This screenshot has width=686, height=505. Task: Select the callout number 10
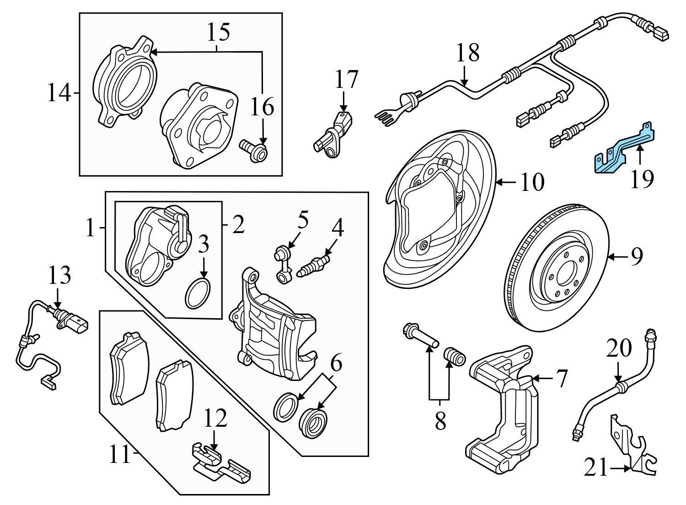532,182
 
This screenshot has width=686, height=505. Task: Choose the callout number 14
59,94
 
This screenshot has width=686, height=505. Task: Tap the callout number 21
596,468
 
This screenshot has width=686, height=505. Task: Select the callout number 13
60,276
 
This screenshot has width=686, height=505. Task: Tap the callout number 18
467,53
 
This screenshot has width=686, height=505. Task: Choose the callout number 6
336,365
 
